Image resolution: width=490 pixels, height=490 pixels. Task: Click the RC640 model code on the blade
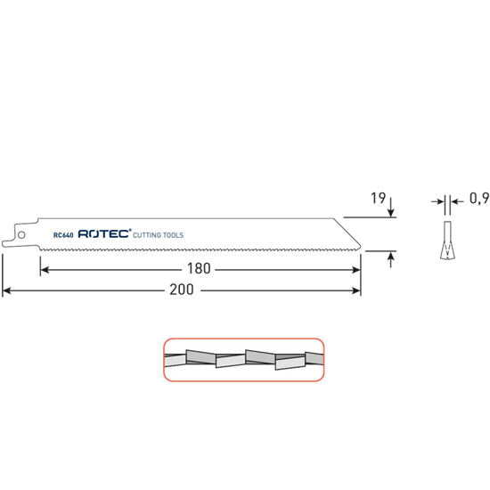pos(62,235)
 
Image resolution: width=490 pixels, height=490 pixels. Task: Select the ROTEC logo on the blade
pos(103,234)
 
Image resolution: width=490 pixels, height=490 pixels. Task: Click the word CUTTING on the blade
pos(151,235)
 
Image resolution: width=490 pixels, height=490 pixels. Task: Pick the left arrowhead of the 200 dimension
pos(7,290)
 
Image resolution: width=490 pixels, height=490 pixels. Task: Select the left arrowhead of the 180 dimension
pos(43,268)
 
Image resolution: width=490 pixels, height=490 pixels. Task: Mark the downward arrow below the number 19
pos(393,210)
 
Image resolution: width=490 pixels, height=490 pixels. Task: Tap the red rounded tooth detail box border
pos(242,339)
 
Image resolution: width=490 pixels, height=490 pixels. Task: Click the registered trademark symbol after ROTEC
pos(131,231)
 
